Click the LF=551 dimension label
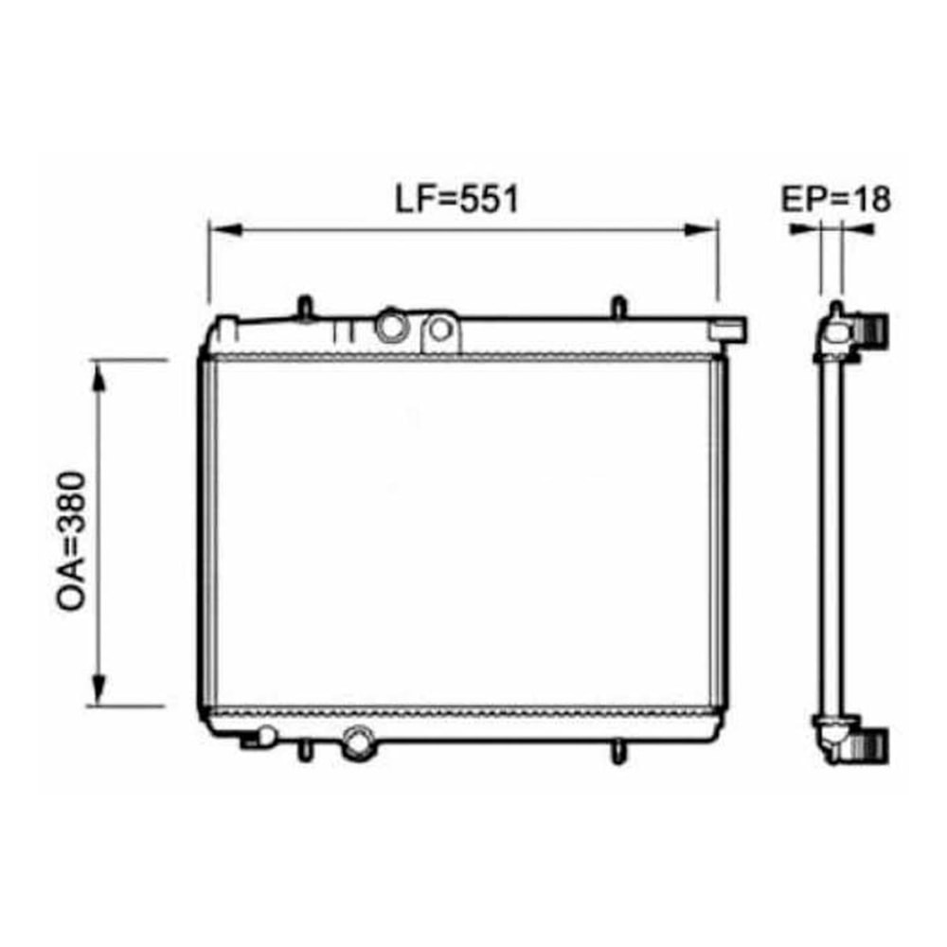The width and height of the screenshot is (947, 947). point(456,199)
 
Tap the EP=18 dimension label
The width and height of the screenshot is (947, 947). point(836,199)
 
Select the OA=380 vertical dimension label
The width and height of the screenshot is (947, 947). point(72,541)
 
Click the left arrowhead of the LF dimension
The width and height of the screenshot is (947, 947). point(226,229)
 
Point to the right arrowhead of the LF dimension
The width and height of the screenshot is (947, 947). point(701,229)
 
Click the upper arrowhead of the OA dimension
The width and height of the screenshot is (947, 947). point(98,377)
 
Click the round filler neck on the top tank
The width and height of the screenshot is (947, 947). point(392,327)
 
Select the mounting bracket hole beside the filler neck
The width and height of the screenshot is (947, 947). point(440,330)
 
